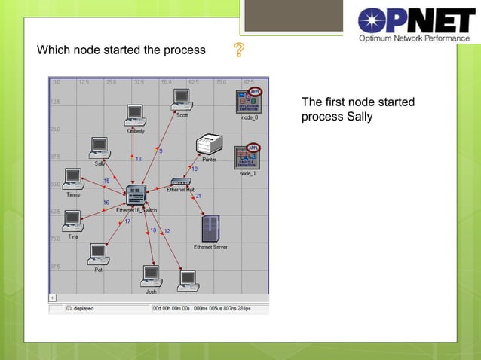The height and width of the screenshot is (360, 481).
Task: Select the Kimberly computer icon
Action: pos(135,114)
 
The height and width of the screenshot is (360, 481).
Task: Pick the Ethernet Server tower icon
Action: pos(210,228)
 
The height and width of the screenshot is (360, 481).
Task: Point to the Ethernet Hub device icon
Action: pos(181,182)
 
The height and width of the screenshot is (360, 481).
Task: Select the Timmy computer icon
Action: pos(72,178)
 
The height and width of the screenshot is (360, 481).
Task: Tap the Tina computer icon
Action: pos(72,221)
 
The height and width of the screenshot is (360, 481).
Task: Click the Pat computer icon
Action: pos(98,254)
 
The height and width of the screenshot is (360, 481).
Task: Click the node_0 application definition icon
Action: pos(249,101)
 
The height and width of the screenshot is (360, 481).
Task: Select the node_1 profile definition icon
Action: pos(247,156)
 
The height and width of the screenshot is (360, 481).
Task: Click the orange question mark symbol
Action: pos(240,51)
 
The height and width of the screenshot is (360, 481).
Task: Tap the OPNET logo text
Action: pos(416,20)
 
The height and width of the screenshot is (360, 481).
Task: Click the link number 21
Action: pos(198,196)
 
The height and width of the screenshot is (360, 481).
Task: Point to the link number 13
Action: pos(138,159)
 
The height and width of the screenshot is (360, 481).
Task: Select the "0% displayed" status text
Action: pos(79,309)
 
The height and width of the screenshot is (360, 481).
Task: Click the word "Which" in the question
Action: pos(53,50)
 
